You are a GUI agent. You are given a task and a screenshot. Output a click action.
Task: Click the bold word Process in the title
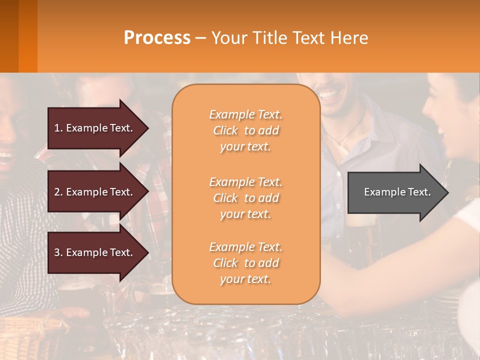pos(157,38)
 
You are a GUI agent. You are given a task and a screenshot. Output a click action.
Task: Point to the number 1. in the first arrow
pos(58,128)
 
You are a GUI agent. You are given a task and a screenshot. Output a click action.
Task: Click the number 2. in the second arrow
pos(58,192)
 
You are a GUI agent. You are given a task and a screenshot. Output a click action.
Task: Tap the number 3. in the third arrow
pos(58,252)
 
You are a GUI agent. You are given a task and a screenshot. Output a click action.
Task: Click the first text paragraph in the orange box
pos(245,130)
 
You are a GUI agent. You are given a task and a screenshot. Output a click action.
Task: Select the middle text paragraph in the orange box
pos(245,198)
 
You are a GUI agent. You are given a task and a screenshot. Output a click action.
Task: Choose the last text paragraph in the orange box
pos(245,263)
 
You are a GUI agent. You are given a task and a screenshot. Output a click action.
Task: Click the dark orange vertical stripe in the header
pos(27,36)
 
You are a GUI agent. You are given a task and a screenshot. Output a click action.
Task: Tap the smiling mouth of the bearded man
pos(328,94)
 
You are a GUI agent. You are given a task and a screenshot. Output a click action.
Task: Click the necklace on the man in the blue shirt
pos(350,131)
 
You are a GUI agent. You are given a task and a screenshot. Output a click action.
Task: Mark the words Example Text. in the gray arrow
pos(397,192)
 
